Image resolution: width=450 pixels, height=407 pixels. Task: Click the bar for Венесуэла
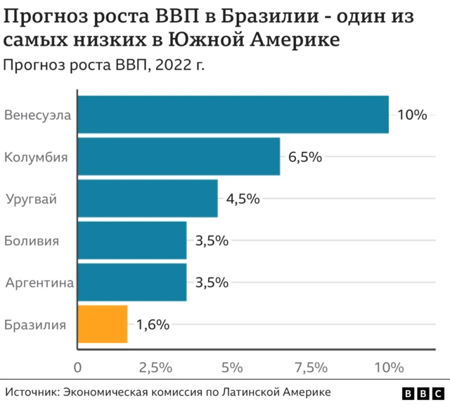pyautogui.click(x=233, y=115)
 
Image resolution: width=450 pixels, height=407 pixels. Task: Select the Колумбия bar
pyautogui.click(x=179, y=157)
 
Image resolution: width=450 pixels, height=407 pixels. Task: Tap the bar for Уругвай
pyautogui.click(x=147, y=198)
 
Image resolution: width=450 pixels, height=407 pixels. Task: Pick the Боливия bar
pyautogui.click(x=131, y=240)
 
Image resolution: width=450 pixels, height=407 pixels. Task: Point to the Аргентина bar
pyautogui.click(x=131, y=283)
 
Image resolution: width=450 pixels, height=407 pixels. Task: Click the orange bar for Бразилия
pyautogui.click(x=102, y=324)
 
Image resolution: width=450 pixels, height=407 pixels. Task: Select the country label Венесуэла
pyautogui.click(x=37, y=115)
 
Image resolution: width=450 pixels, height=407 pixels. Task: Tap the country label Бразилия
pyautogui.click(x=35, y=325)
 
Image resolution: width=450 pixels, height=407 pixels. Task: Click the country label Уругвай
pyautogui.click(x=31, y=199)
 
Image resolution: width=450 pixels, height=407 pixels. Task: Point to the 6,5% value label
pyautogui.click(x=304, y=157)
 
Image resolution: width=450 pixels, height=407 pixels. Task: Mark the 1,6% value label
pyautogui.click(x=153, y=325)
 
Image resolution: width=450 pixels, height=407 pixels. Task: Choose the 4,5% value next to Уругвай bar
pyautogui.click(x=243, y=199)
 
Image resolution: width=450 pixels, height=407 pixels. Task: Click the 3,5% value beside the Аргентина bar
pyautogui.click(x=212, y=283)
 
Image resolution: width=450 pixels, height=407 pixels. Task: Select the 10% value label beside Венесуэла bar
pyautogui.click(x=412, y=115)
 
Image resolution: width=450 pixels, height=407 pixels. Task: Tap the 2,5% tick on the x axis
pyautogui.click(x=155, y=367)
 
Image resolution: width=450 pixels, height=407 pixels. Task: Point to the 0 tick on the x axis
pyautogui.click(x=77, y=367)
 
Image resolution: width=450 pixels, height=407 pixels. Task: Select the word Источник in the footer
pyautogui.click(x=31, y=392)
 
